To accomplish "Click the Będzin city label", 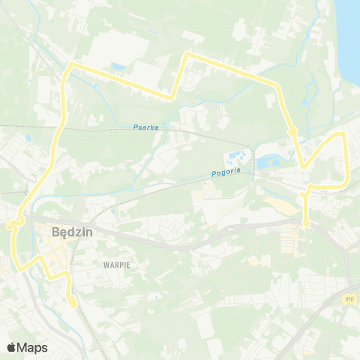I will pyautogui.click(x=73, y=232).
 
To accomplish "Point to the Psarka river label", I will pyautogui.click(x=145, y=127).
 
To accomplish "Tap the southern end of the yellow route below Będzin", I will pyautogui.click(x=72, y=304).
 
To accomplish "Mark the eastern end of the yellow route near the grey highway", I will pyautogui.click(x=306, y=223).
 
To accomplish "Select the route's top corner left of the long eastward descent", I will pyautogui.click(x=187, y=54).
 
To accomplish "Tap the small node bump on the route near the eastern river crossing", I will pyautogui.click(x=293, y=132).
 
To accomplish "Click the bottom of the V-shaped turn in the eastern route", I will pyautogui.click(x=304, y=166).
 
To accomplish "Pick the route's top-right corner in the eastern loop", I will pyautogui.click(x=343, y=134).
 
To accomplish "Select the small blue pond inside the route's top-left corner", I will pyautogui.click(x=118, y=67).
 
